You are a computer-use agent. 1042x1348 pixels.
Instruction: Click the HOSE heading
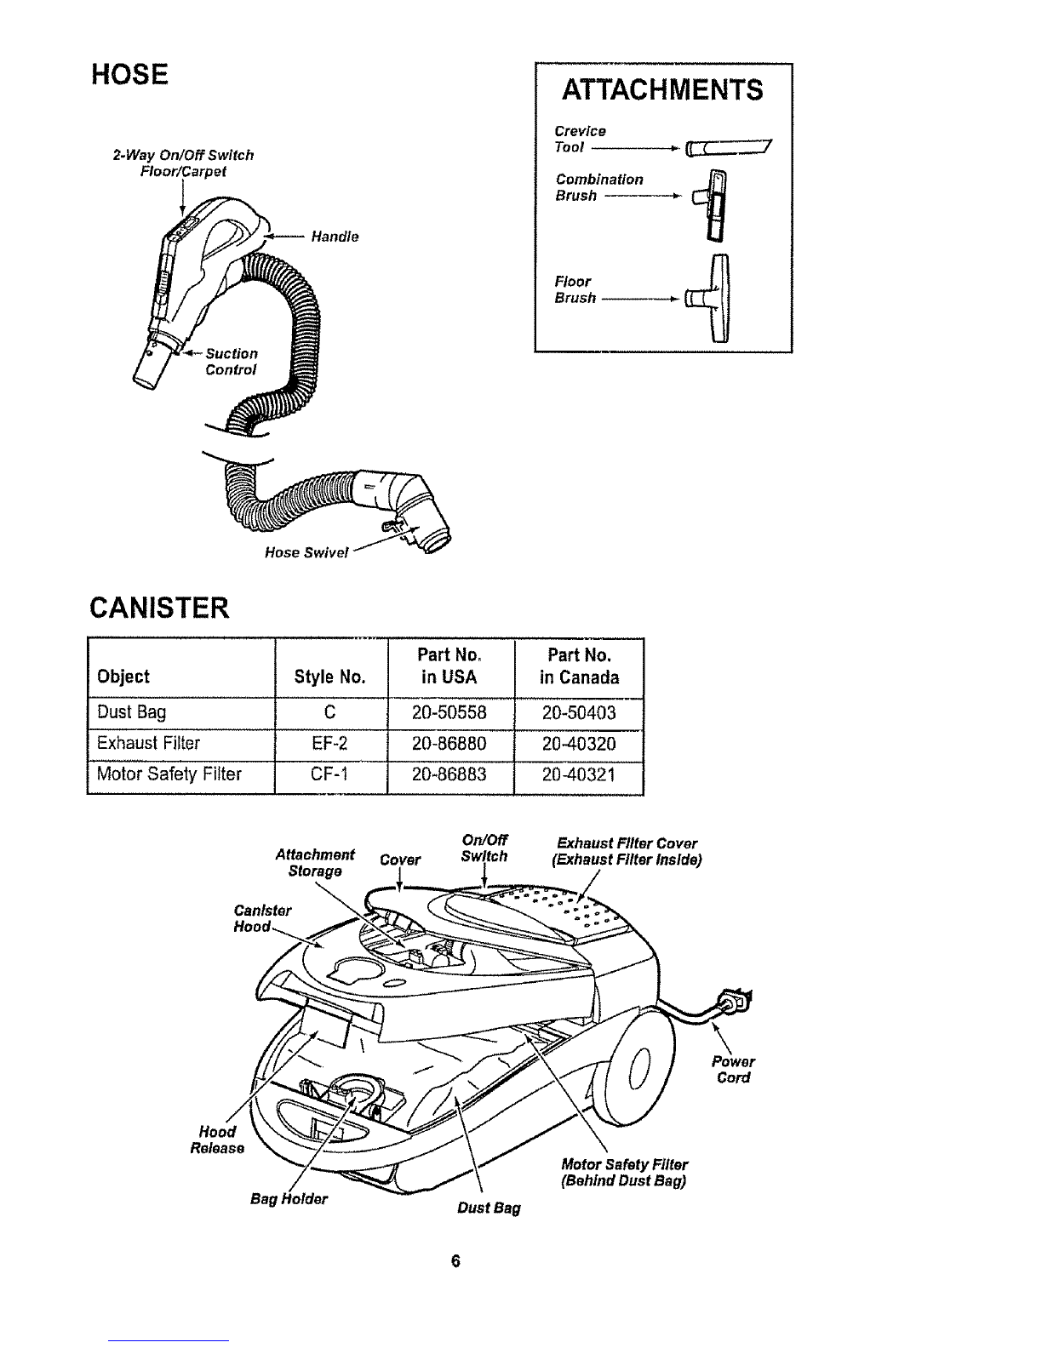pyautogui.click(x=129, y=74)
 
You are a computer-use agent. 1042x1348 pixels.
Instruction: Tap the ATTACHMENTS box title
pyautogui.click(x=662, y=90)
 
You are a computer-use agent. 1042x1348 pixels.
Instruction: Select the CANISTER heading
pyautogui.click(x=159, y=608)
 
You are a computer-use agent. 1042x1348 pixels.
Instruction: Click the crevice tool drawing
pyautogui.click(x=728, y=148)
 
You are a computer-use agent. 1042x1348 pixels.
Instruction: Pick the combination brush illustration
pyautogui.click(x=713, y=205)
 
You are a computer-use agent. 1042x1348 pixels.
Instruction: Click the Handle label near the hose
pyautogui.click(x=335, y=237)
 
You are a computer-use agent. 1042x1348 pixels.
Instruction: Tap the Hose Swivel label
pyautogui.click(x=306, y=552)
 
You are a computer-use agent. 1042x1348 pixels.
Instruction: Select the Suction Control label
pyautogui.click(x=232, y=362)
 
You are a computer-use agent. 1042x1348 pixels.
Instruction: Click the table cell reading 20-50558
pyautogui.click(x=449, y=713)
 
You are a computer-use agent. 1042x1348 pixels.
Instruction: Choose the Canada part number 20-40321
pyautogui.click(x=579, y=774)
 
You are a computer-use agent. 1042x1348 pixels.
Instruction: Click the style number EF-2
pyautogui.click(x=329, y=743)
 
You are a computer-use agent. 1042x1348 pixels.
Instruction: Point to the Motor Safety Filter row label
pyautogui.click(x=169, y=774)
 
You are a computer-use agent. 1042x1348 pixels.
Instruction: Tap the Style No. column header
pyautogui.click(x=329, y=677)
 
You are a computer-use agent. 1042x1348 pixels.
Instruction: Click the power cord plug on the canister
pyautogui.click(x=736, y=1000)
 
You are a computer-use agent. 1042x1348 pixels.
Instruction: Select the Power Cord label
pyautogui.click(x=734, y=1070)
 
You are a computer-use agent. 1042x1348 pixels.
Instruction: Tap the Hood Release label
pyautogui.click(x=217, y=1140)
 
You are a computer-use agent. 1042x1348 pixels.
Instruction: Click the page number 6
pyautogui.click(x=455, y=1261)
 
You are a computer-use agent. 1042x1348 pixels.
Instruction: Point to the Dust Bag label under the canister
pyautogui.click(x=489, y=1208)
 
